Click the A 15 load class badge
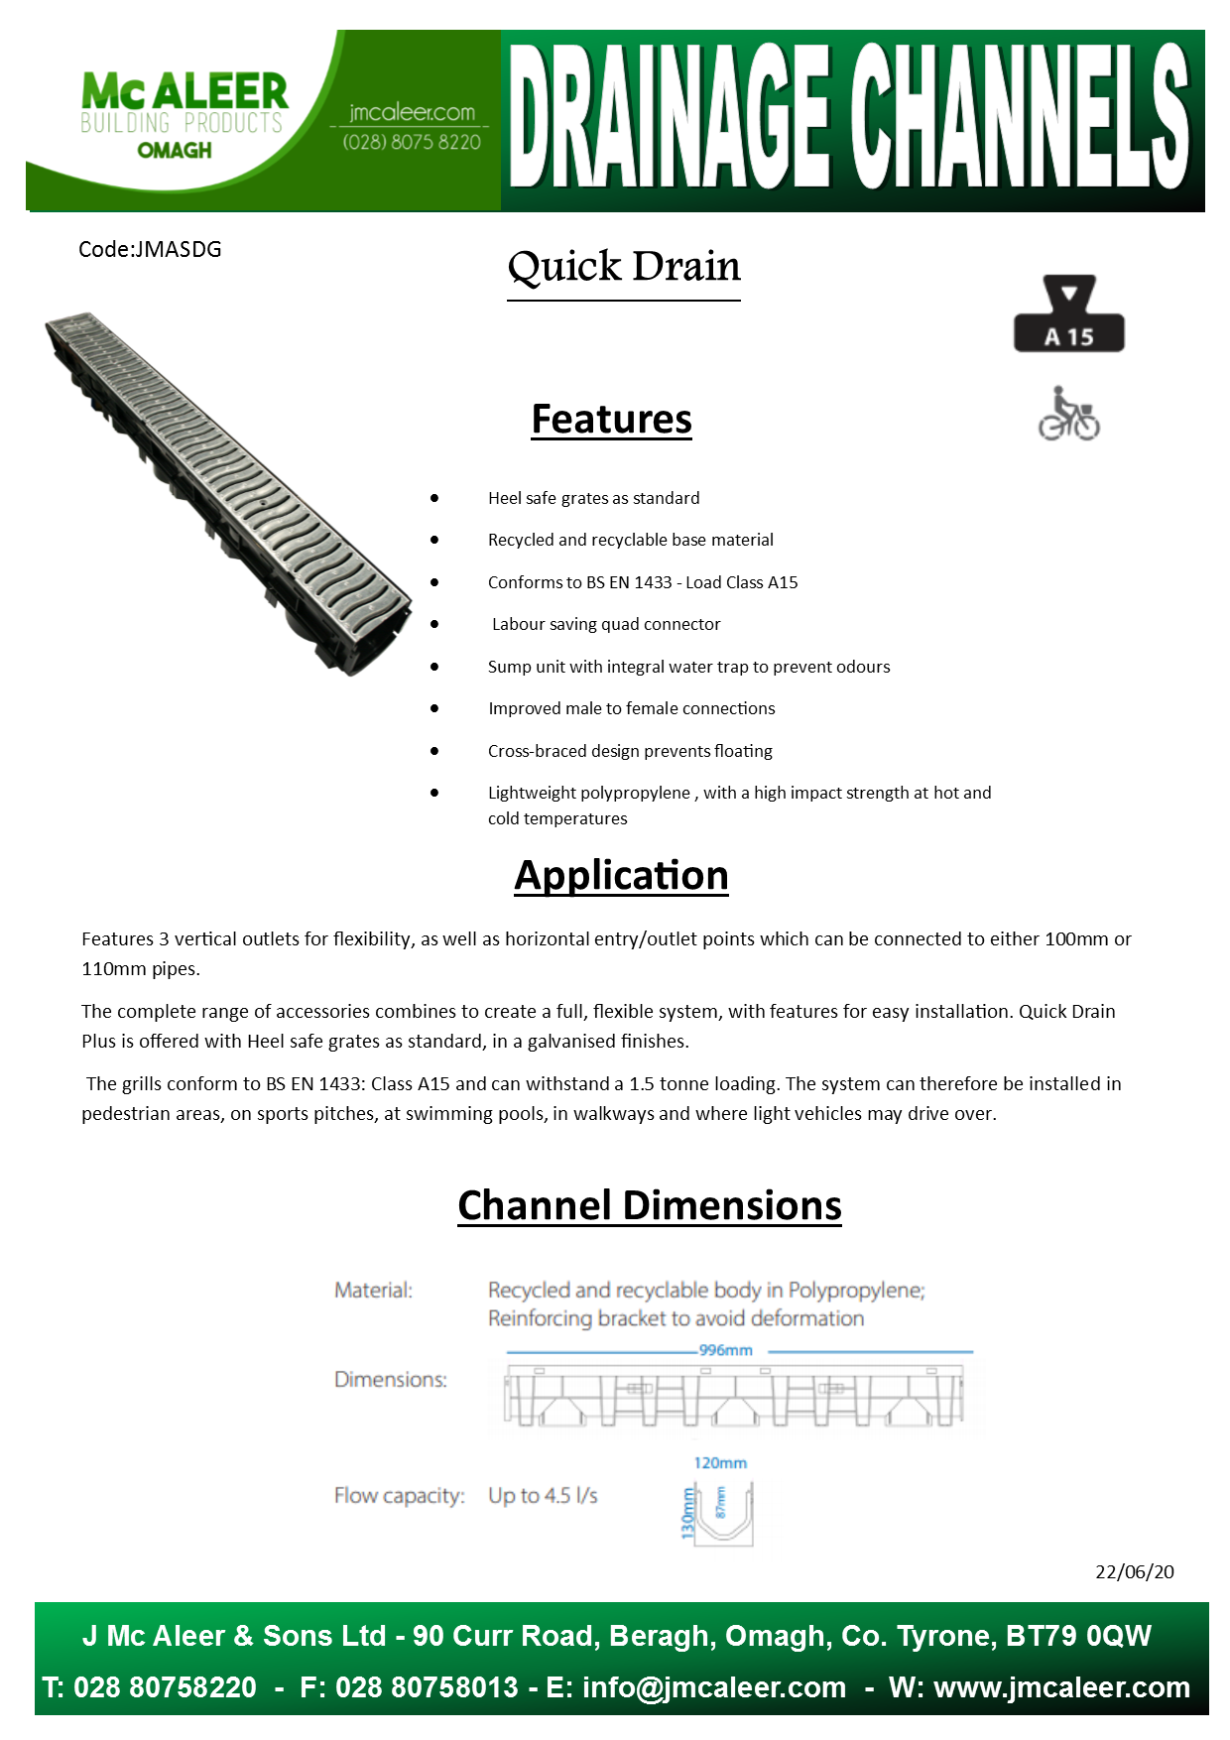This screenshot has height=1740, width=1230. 1068,315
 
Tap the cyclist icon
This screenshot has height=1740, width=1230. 1068,414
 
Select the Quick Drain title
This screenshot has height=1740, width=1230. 624,266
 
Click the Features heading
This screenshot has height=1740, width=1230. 611,419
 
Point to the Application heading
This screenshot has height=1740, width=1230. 621,875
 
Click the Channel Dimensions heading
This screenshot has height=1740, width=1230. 650,1205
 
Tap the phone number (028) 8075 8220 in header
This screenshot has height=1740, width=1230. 412,142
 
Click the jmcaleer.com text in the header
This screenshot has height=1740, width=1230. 412,112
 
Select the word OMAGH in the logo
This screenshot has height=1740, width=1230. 175,151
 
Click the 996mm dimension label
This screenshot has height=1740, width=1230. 726,1350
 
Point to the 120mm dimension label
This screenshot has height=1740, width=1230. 720,1463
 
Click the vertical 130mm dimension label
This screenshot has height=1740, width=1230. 686,1513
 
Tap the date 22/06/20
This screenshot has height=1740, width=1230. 1134,1571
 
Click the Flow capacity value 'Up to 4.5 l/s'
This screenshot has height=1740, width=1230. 543,1495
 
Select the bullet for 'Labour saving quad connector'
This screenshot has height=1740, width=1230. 434,624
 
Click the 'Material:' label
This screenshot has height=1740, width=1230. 373,1290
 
